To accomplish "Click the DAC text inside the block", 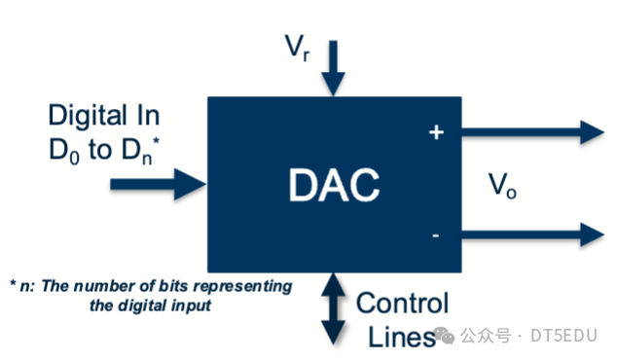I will [x=334, y=185].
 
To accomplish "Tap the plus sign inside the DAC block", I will [x=435, y=133].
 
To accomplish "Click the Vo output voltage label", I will [x=502, y=185].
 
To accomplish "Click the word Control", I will [x=403, y=303].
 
